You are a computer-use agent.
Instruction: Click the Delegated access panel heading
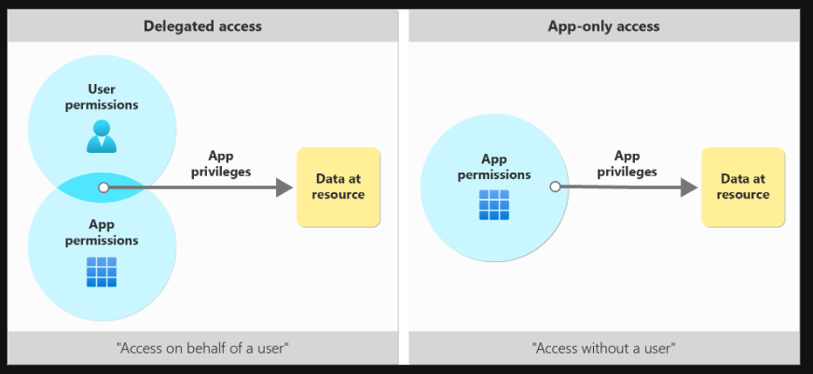tap(202, 26)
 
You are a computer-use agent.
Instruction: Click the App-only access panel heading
tap(603, 26)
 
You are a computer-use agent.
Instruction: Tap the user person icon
tap(102, 136)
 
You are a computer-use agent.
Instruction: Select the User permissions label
tap(102, 97)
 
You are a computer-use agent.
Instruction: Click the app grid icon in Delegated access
tap(102, 272)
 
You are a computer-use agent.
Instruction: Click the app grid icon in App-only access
tap(494, 205)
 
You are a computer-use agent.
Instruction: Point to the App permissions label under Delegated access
tap(102, 232)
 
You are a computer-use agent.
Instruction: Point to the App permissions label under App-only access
tap(494, 167)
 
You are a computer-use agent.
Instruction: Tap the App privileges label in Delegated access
tap(221, 163)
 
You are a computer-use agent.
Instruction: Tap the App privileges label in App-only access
tap(627, 163)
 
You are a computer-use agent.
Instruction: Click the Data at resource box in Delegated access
tap(338, 187)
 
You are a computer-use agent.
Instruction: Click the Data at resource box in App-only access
tap(743, 187)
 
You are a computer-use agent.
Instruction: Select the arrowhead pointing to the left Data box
tap(284, 187)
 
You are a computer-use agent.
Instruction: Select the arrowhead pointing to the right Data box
tap(689, 187)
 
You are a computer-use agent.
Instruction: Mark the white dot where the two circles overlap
tap(103, 187)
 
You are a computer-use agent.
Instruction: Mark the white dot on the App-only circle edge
tap(555, 187)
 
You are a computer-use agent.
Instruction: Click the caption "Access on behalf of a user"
tap(202, 348)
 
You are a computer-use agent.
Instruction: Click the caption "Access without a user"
tap(604, 348)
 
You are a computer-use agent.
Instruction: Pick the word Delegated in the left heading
tap(174, 26)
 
